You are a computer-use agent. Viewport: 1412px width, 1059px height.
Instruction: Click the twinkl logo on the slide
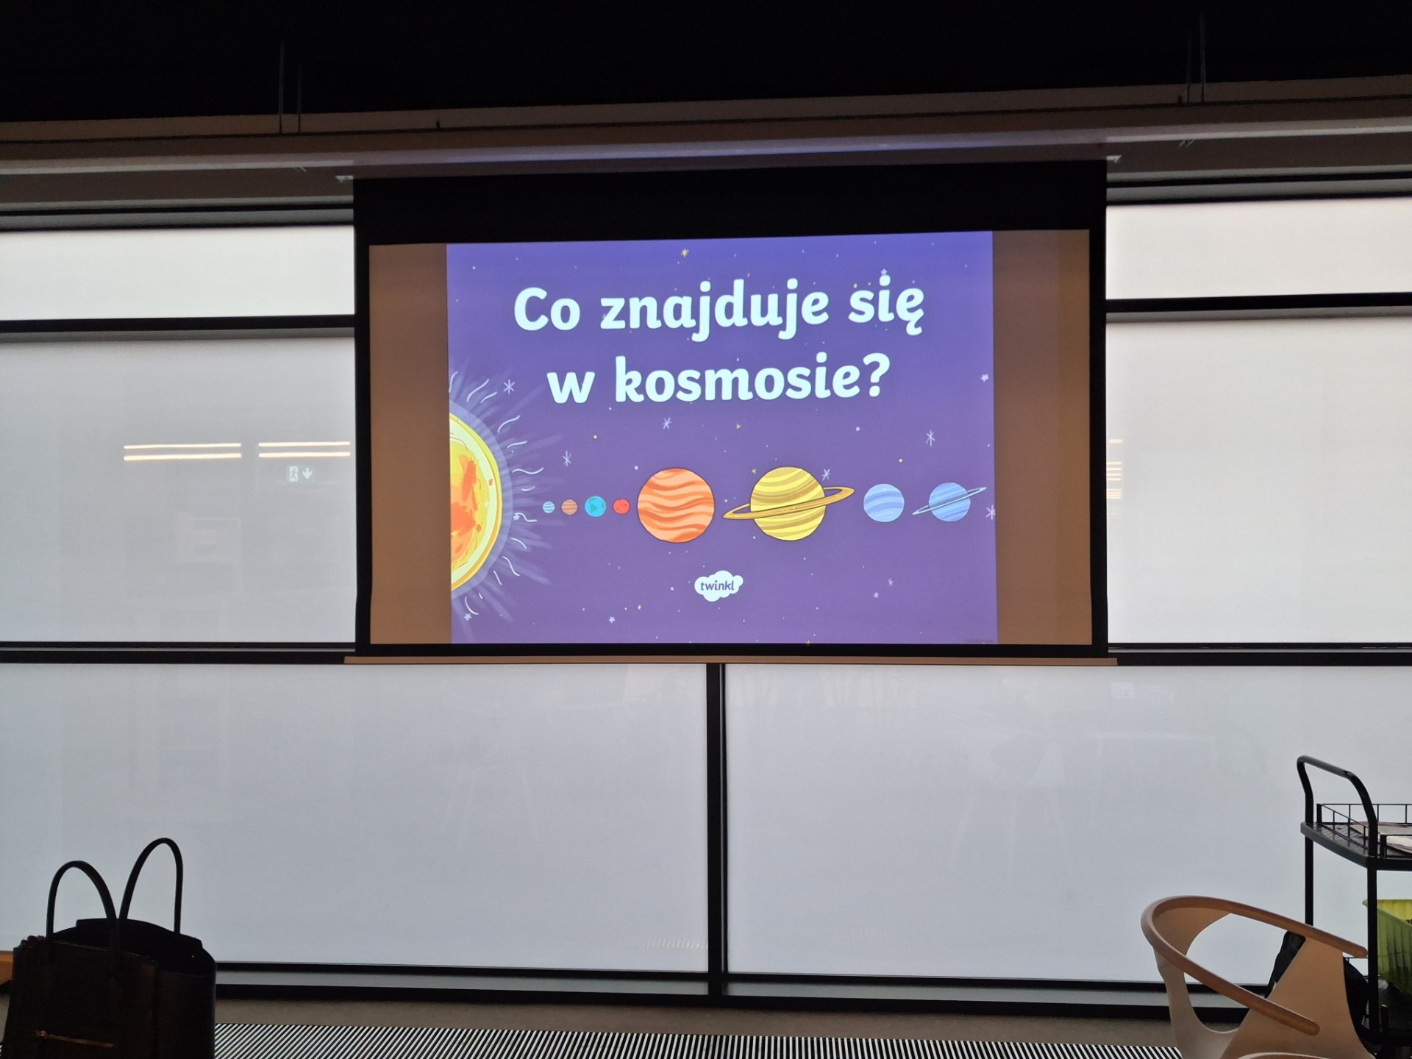pos(719,586)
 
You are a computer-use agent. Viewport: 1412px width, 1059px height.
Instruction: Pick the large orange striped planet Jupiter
pos(676,505)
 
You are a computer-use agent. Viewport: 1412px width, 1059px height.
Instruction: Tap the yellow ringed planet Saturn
pos(788,504)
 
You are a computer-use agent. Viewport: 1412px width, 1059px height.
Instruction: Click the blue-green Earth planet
pos(595,507)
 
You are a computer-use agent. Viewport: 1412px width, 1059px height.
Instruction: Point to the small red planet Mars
pos(621,506)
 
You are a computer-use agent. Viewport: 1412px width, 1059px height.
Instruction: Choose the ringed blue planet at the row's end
pos(949,502)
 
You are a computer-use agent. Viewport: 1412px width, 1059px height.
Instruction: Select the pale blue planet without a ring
pos(883,503)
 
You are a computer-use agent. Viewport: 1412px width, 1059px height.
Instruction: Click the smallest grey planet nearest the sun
pos(549,507)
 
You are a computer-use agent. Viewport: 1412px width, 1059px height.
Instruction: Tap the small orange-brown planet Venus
pos(569,507)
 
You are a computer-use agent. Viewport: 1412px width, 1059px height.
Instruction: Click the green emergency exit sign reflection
pos(300,474)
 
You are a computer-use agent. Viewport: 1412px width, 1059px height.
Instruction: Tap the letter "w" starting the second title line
pos(571,387)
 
